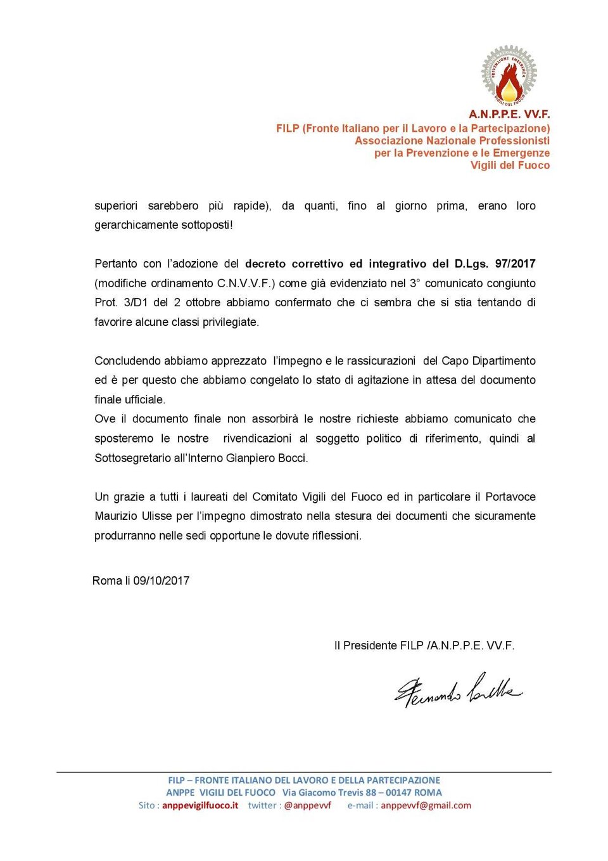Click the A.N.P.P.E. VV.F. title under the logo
tap(509, 115)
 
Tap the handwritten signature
tap(458, 690)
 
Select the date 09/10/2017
tap(161, 581)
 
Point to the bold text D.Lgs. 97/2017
tap(495, 264)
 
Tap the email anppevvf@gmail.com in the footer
tap(426, 805)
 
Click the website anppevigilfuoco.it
tap(200, 805)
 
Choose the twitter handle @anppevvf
tap(307, 805)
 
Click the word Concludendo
tap(127, 361)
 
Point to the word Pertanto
tap(116, 264)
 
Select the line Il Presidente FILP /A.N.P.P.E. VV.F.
tap(424, 645)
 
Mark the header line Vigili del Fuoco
tap(510, 165)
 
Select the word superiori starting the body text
tap(116, 206)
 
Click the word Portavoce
tap(510, 496)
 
